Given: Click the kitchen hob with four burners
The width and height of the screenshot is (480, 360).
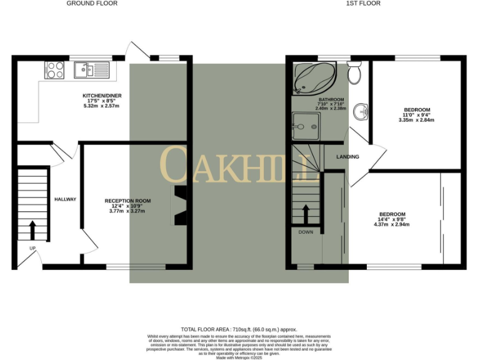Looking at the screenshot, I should coord(54,70).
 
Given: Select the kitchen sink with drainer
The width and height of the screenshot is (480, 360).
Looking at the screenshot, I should coord(91,70).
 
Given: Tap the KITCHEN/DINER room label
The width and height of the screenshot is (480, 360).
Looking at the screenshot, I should coord(102,96).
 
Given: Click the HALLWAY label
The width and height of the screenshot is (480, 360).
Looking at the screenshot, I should coord(65,199).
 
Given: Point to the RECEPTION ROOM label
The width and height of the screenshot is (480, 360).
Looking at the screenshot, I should coord(127,201).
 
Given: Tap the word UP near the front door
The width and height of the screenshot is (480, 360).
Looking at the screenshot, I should coord(32,248).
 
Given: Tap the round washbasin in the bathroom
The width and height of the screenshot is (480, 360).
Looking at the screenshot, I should coord(360,112).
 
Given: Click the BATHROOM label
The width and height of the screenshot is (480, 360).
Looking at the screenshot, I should coord(331,99).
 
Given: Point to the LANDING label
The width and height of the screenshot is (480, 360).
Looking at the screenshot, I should coord(347,156).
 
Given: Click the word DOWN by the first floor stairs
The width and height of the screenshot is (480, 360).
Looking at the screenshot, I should coord(306,232).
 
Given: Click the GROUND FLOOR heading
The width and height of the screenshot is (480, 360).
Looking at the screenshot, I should coord(92,4).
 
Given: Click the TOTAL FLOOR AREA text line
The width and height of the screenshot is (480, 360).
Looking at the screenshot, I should coord(239,329).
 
